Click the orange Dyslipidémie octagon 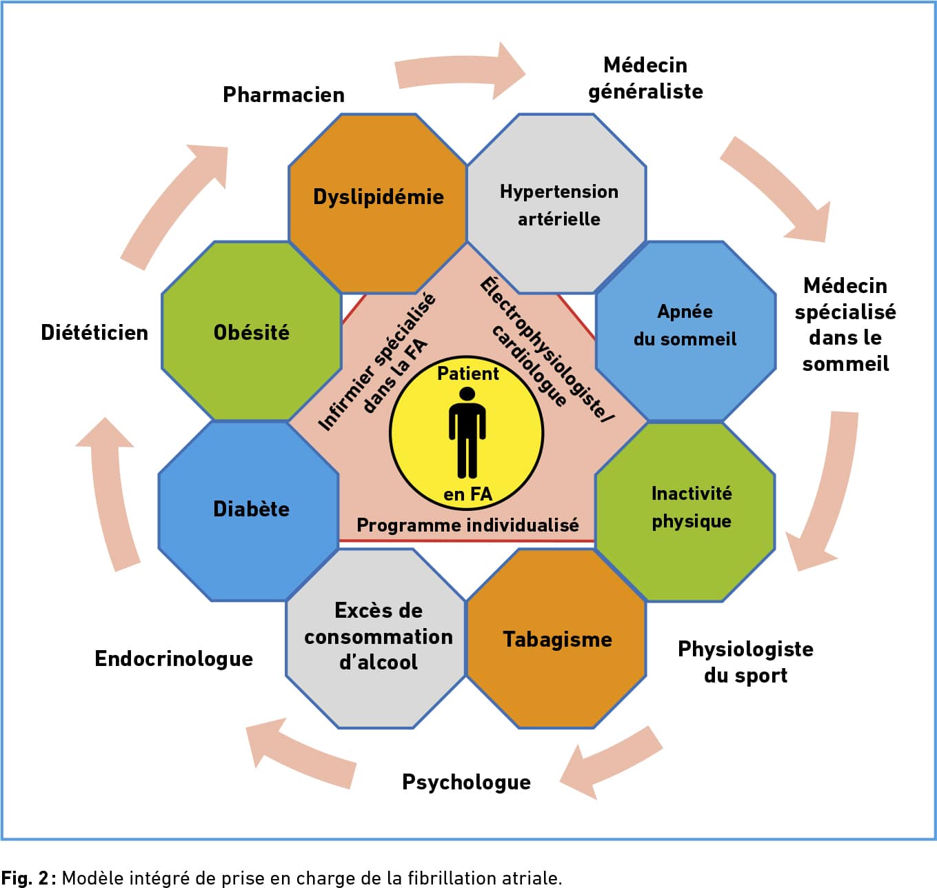(x=378, y=203)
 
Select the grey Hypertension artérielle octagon (x=557, y=204)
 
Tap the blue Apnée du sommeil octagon (x=685, y=330)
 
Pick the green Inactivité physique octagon (x=685, y=511)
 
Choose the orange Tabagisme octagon (x=557, y=639)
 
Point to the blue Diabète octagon (x=250, y=510)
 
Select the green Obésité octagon (x=252, y=332)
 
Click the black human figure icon (x=467, y=432)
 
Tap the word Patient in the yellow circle (x=467, y=374)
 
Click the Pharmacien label (x=283, y=94)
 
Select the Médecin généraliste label (x=645, y=78)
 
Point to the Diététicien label (x=94, y=332)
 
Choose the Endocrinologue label (x=174, y=658)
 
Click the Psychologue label (x=466, y=782)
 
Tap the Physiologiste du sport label (x=745, y=662)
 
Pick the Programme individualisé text (x=467, y=525)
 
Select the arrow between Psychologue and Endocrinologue (x=300, y=753)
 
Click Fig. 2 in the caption (x=25, y=878)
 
